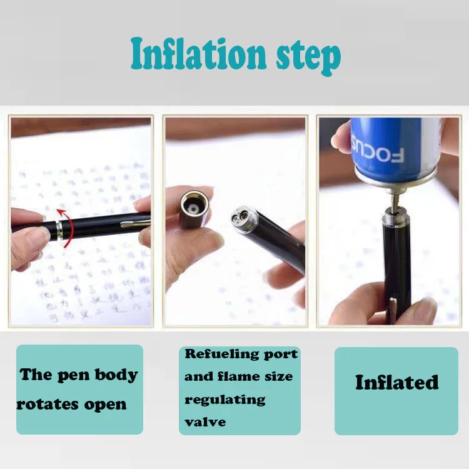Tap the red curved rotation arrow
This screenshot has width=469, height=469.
click(x=64, y=225)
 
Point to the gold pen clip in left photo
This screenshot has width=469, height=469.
click(x=135, y=222)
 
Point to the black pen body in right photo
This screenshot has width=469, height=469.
click(x=397, y=263)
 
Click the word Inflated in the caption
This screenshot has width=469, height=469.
click(x=396, y=382)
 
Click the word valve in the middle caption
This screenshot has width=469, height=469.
click(x=204, y=422)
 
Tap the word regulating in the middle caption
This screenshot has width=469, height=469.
click(x=224, y=400)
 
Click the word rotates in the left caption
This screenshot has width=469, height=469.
click(x=43, y=405)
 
